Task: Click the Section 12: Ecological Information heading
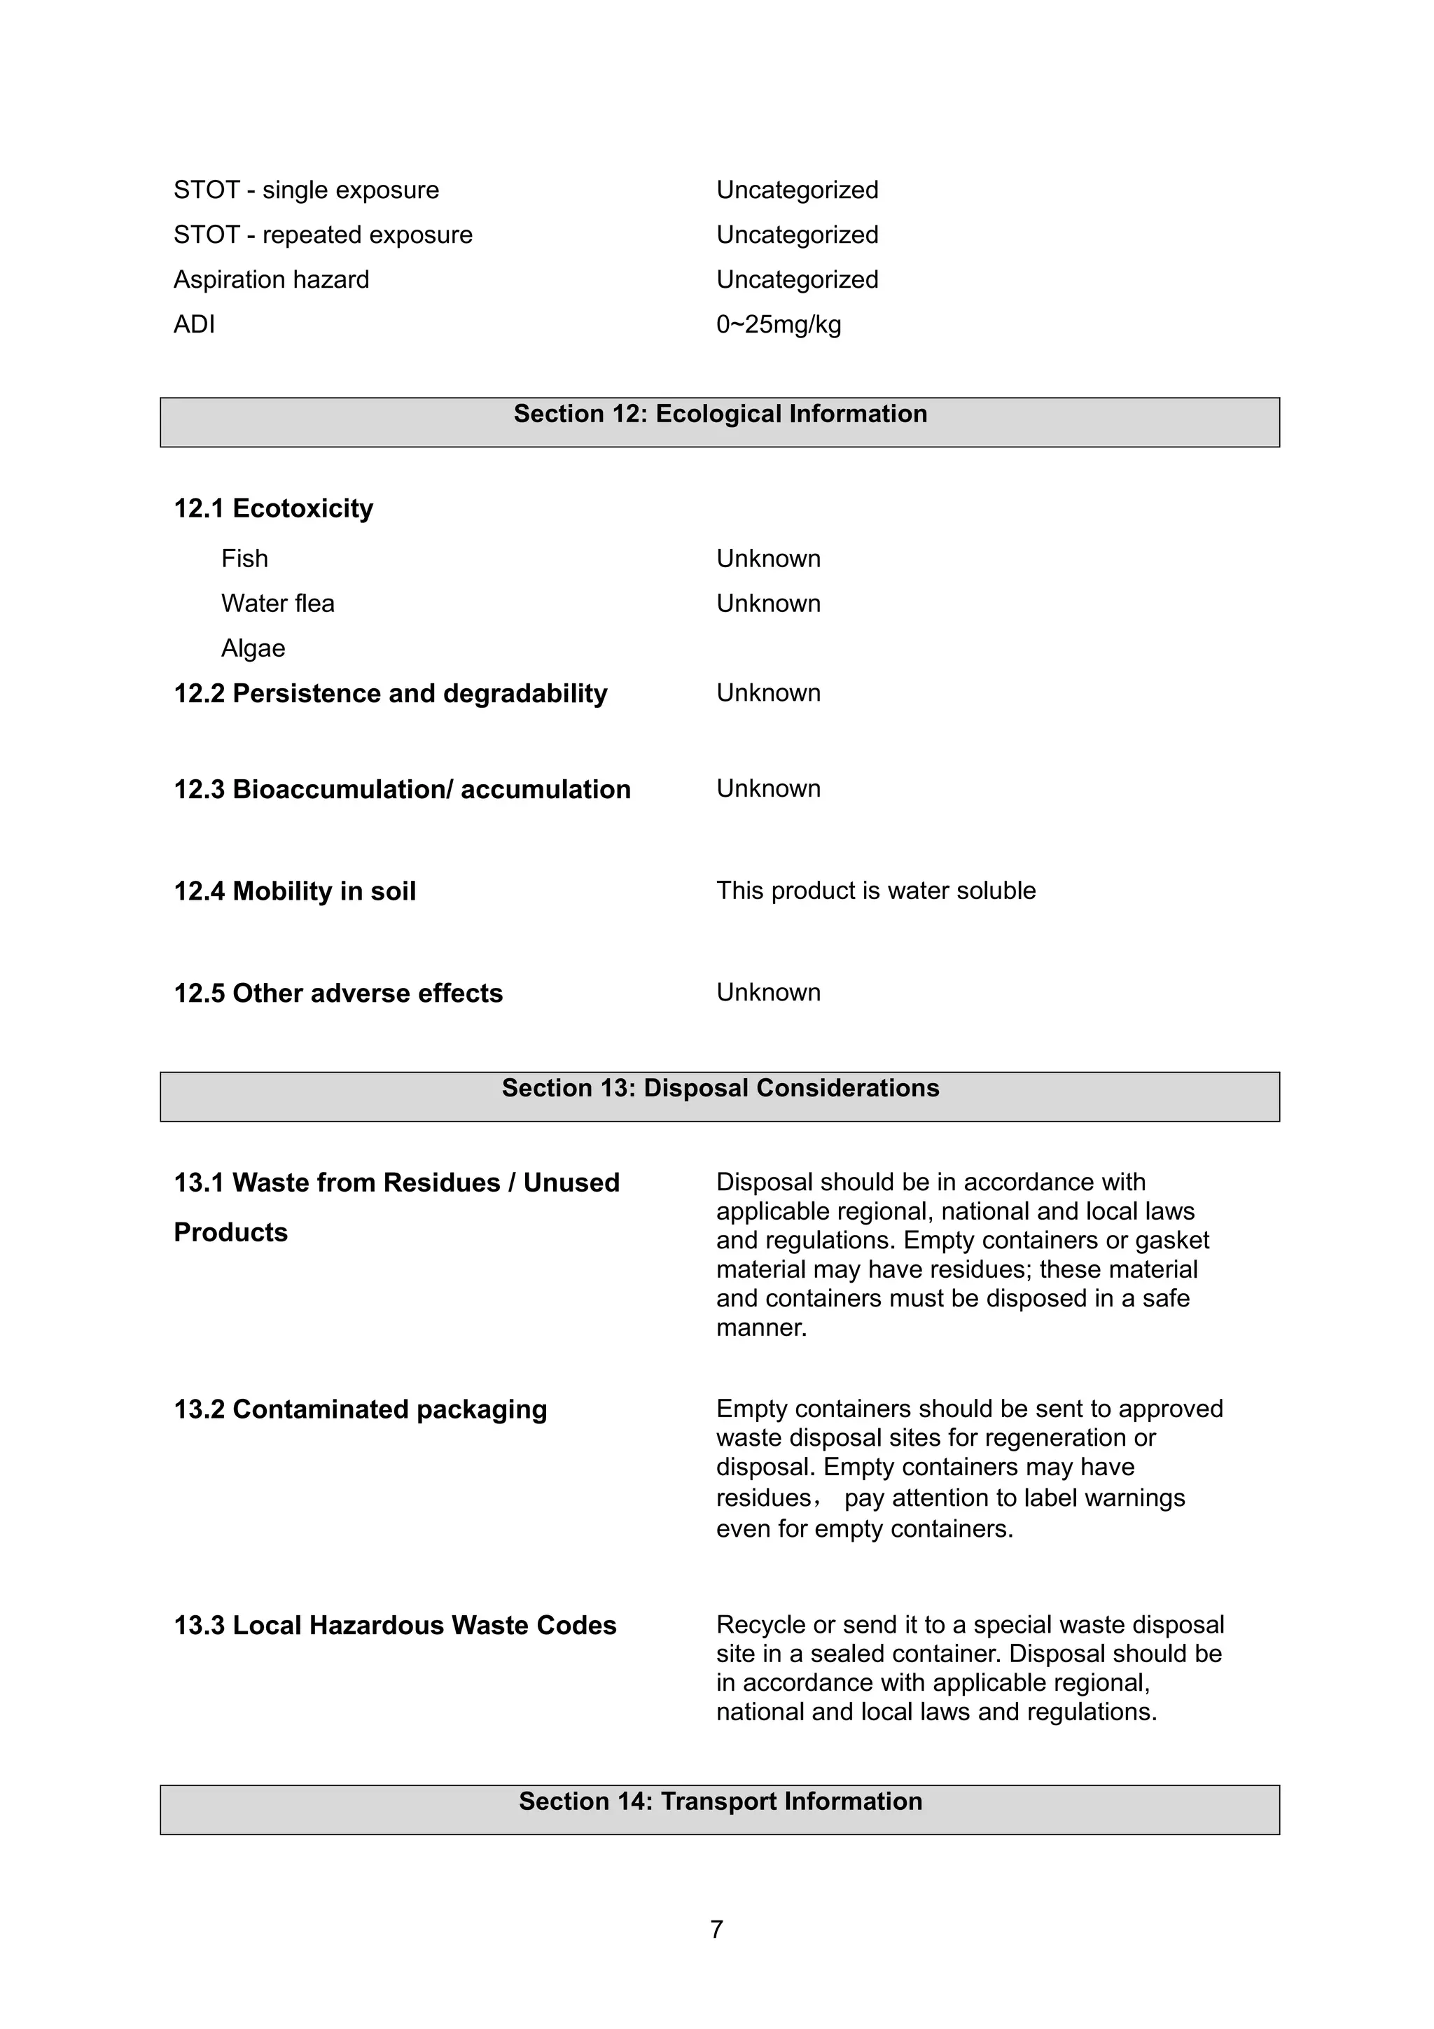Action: pyautogui.click(x=720, y=414)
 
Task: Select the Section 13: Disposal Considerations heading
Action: pyautogui.click(x=720, y=1088)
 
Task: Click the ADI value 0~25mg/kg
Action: pyautogui.click(x=779, y=324)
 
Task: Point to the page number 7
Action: pyautogui.click(x=716, y=1929)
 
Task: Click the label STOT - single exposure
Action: pyautogui.click(x=306, y=190)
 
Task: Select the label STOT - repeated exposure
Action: pyautogui.click(x=323, y=235)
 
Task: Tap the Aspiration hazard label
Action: pyautogui.click(x=271, y=280)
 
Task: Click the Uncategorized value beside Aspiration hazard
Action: pyautogui.click(x=797, y=280)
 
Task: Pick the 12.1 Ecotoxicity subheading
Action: pyautogui.click(x=273, y=509)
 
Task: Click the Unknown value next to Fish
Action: pyautogui.click(x=768, y=559)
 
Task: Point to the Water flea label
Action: pyautogui.click(x=277, y=604)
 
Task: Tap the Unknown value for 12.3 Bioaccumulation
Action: pyautogui.click(x=768, y=788)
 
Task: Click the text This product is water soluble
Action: pyautogui.click(x=876, y=891)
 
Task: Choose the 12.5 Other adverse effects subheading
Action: pyautogui.click(x=337, y=993)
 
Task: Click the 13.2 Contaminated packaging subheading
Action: pyautogui.click(x=360, y=1409)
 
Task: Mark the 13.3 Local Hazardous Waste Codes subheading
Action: pyautogui.click(x=395, y=1626)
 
